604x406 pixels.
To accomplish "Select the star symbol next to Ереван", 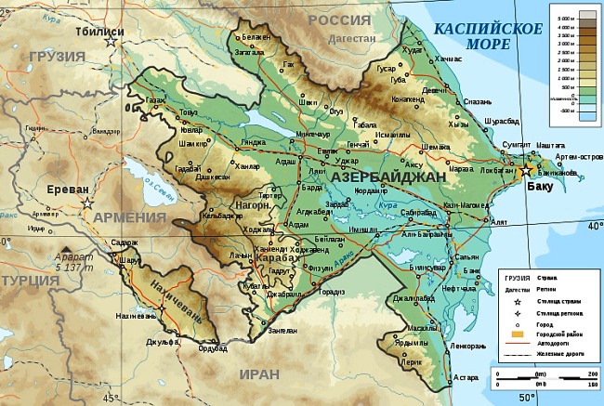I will coord(87,203).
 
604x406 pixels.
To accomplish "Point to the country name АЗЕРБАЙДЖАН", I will coord(383,176).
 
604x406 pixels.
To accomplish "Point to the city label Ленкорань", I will coord(473,345).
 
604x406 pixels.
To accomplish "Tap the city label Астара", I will coord(465,377).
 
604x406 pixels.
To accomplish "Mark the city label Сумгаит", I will coord(516,145).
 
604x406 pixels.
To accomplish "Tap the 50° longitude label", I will coord(527,398).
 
